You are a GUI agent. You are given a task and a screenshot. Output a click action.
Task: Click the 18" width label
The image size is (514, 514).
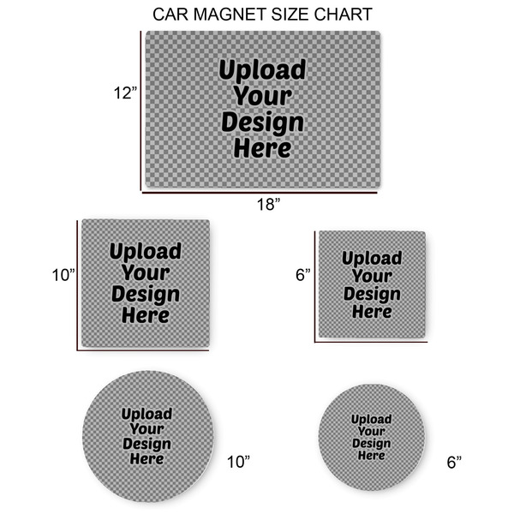tap(267, 204)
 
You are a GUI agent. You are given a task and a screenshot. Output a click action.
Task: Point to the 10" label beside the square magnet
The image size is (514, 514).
tap(63, 275)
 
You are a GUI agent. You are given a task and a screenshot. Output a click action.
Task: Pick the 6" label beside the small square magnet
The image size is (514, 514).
tap(302, 275)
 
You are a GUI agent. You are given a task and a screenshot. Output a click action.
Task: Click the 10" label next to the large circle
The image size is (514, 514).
tap(238, 462)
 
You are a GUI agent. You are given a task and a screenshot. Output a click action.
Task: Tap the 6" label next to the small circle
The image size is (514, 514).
tap(454, 462)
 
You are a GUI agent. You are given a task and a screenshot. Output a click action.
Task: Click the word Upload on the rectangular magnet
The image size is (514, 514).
tap(262, 70)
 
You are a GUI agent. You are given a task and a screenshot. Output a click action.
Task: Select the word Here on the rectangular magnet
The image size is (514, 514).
tap(262, 147)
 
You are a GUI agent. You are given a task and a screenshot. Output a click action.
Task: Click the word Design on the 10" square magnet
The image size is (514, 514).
tap(145, 294)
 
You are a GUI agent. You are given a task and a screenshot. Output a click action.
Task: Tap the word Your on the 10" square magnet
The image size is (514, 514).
tap(145, 273)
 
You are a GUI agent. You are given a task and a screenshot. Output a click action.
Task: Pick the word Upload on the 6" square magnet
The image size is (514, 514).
tap(372, 259)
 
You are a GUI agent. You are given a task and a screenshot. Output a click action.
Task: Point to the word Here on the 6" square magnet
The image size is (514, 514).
tap(372, 311)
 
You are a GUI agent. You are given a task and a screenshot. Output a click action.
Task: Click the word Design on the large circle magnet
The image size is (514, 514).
tap(146, 444)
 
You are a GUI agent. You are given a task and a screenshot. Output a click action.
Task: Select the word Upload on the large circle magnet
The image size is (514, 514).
tap(146, 414)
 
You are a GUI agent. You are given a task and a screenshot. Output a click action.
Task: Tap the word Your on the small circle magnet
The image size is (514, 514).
tap(371, 431)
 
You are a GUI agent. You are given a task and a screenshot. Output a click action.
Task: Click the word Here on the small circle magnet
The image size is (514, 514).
tap(371, 455)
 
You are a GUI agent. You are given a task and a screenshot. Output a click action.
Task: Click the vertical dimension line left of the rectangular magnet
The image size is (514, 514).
tap(140, 111)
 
